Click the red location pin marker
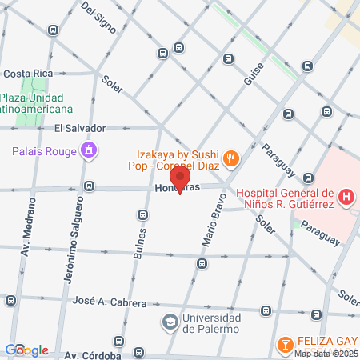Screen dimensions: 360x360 [x=181, y=180]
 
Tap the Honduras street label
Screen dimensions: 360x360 [x=178, y=190]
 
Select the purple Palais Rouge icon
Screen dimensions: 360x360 [x=89, y=150]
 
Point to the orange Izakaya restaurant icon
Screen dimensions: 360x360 [x=230, y=158]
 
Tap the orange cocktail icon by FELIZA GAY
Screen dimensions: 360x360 [x=283, y=345]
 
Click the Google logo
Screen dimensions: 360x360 [x=26, y=350]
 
